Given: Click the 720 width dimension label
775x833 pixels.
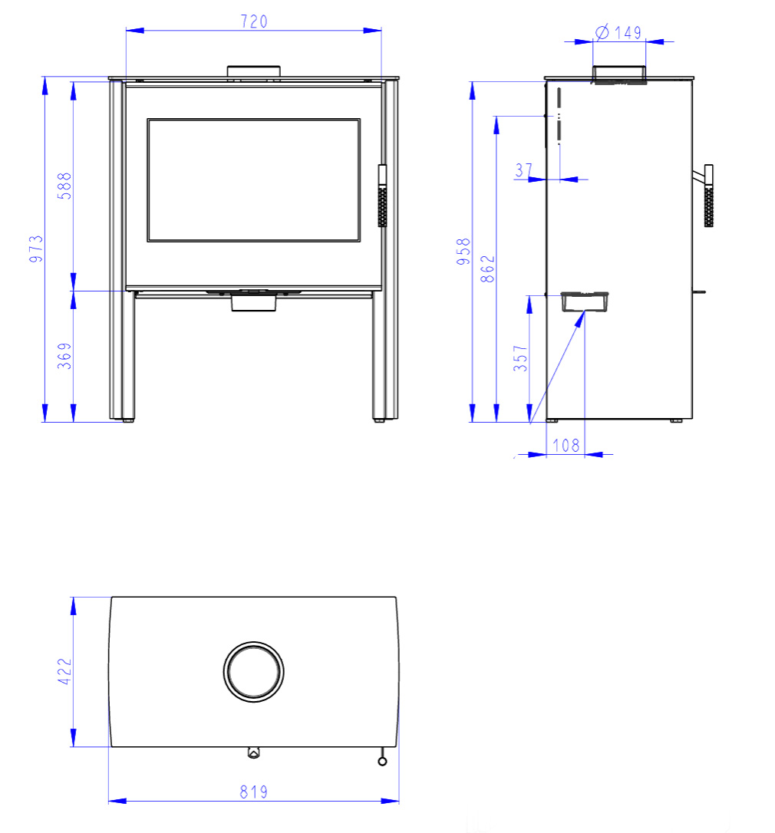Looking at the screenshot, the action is coord(253,21).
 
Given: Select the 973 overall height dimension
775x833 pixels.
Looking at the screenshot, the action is coord(35,249).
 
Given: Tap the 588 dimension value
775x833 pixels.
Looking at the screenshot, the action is coord(64,186).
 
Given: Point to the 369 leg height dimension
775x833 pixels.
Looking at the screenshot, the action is coord(64,356).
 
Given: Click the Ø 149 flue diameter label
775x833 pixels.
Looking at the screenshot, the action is coord(618,32).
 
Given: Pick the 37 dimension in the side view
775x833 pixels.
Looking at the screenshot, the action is coord(523,170).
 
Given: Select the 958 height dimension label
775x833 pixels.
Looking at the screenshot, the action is coord(463,252).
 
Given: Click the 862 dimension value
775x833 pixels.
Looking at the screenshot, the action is coord(487,268).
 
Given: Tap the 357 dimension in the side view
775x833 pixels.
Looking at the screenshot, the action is coord(520,358).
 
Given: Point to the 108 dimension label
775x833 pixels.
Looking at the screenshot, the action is coord(566,445).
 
